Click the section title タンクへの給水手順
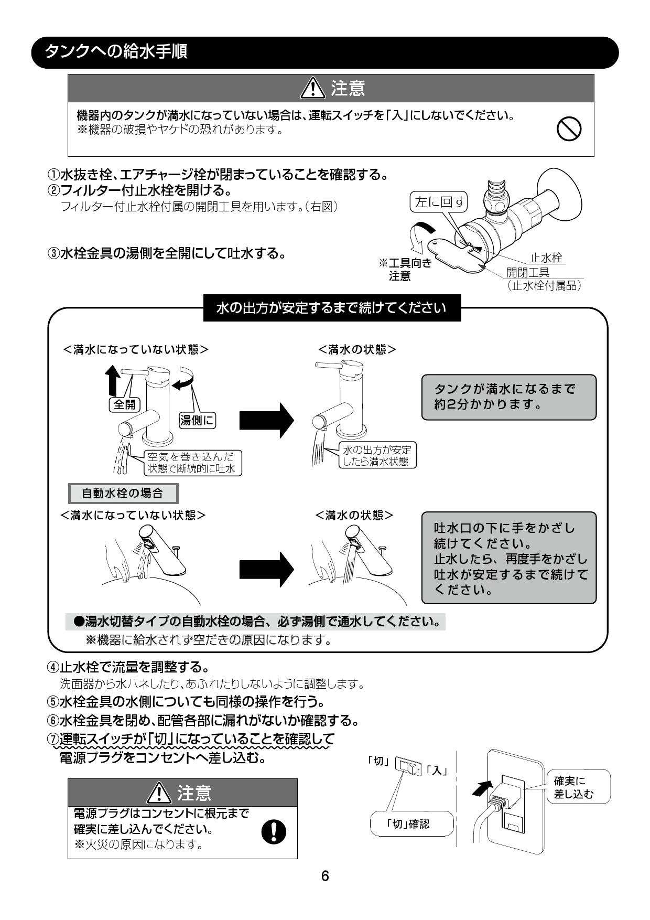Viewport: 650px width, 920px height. click(x=116, y=52)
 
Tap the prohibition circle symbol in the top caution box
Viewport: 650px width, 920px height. click(x=569, y=129)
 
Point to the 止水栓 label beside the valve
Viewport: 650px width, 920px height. click(x=546, y=258)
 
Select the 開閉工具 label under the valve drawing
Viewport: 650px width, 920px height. click(x=527, y=272)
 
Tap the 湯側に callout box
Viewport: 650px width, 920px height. click(x=198, y=420)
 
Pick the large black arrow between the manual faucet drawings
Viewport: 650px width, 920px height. click(x=267, y=420)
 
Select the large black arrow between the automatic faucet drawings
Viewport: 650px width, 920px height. click(x=267, y=569)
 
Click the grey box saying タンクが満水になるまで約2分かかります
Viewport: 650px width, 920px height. click(x=509, y=397)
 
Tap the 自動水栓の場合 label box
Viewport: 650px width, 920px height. click(x=123, y=494)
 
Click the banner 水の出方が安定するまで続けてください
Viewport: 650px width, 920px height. click(x=332, y=308)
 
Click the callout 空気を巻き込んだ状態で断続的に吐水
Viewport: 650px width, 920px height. click(x=191, y=463)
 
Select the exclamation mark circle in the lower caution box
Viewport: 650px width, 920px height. click(x=274, y=831)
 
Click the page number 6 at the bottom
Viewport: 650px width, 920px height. click(x=325, y=876)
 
